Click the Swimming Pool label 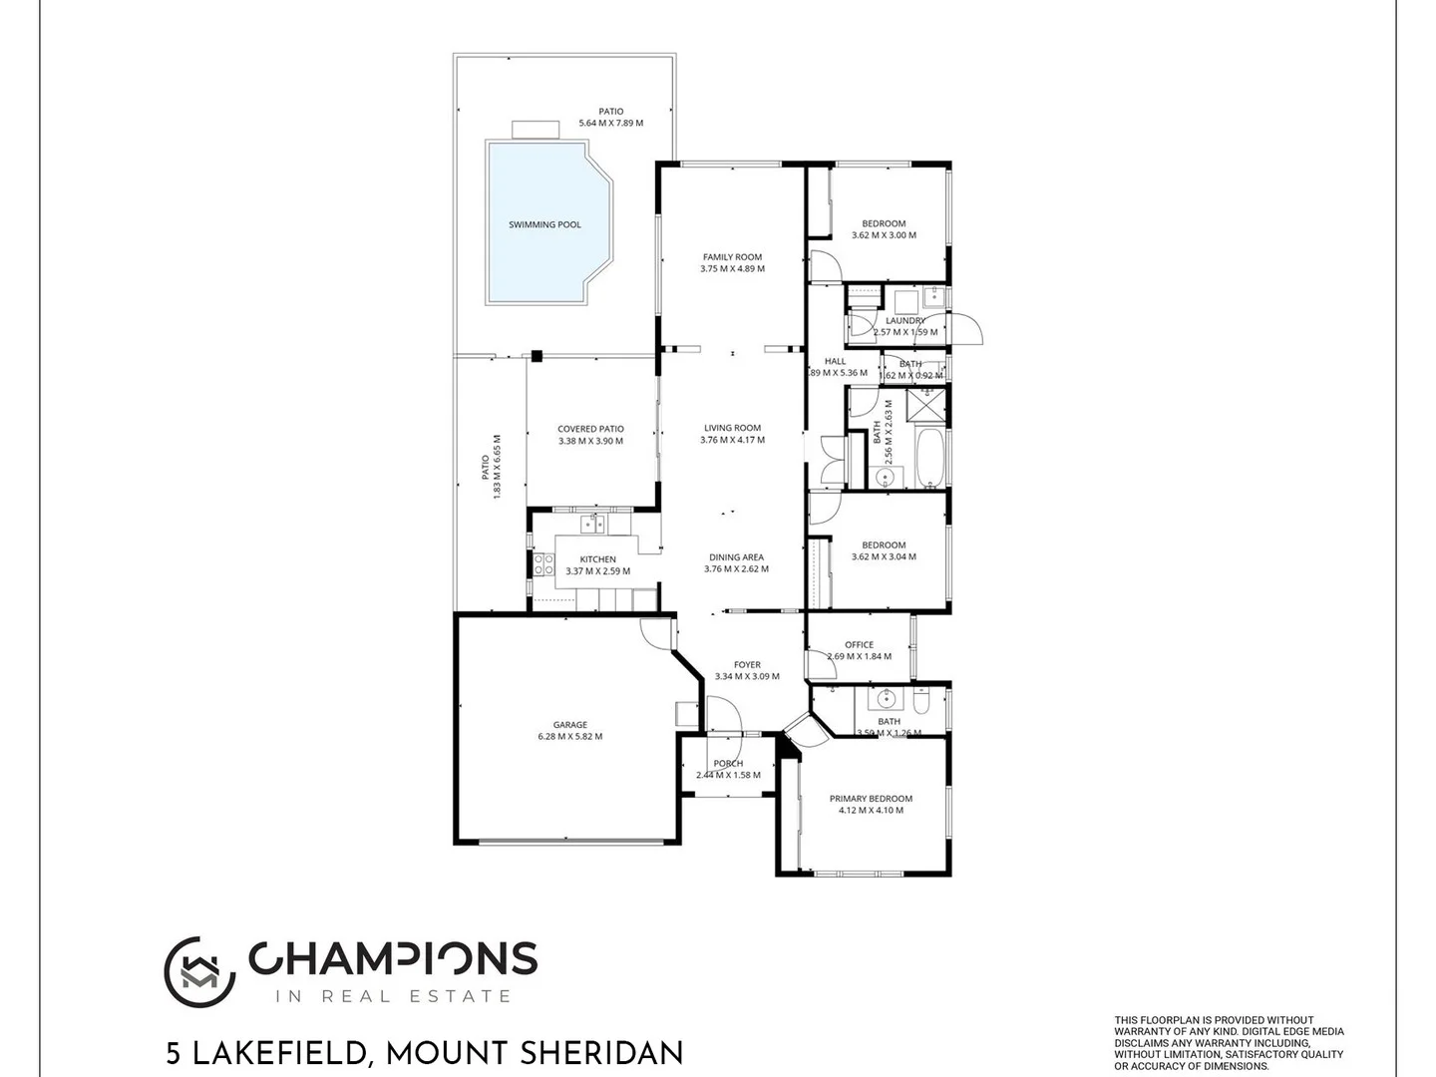coord(544,224)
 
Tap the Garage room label coord(570,725)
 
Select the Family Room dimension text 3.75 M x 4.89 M coord(732,269)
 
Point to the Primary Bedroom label coord(871,799)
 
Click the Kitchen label coord(597,559)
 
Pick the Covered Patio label coord(590,430)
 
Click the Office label coord(859,645)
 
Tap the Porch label coord(728,764)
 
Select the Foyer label coord(747,665)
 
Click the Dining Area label coord(736,557)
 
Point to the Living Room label coord(732,428)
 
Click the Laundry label coord(904,321)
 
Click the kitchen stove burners coord(543,565)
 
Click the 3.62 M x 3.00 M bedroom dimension coord(884,235)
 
